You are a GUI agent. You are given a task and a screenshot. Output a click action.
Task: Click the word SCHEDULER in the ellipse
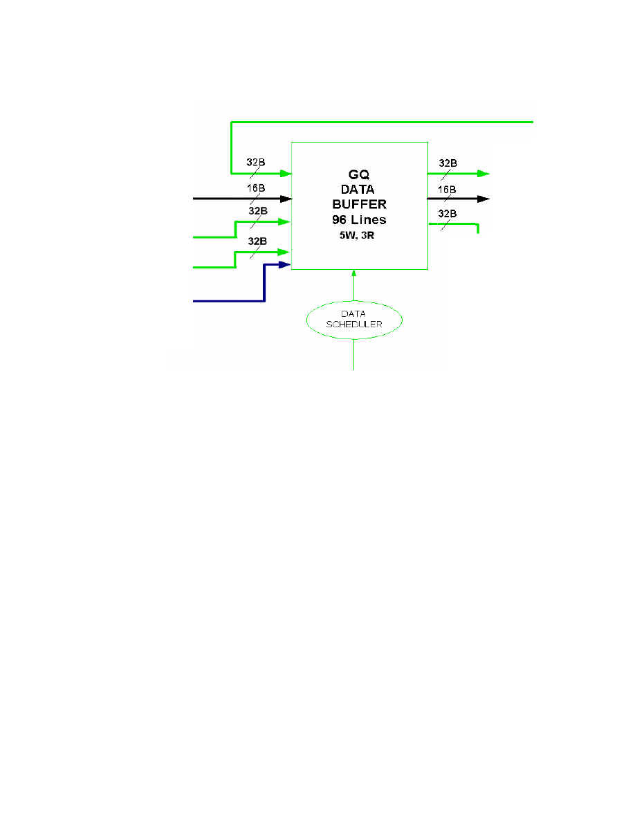[x=354, y=323]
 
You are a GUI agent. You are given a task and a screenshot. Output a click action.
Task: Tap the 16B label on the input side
[x=257, y=188]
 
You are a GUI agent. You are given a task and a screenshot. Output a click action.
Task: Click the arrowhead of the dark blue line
[x=284, y=264]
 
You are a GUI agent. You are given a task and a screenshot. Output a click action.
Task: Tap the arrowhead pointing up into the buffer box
[x=354, y=273]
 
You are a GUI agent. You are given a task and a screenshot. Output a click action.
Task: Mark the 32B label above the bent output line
[x=448, y=214]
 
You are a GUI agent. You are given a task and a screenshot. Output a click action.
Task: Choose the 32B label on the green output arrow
[x=448, y=163]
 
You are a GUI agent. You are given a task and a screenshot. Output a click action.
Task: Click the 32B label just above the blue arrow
[x=257, y=241]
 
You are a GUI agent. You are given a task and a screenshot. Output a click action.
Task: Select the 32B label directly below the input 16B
[x=257, y=210]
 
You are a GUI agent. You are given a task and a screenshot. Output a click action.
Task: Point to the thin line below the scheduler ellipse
[x=354, y=354]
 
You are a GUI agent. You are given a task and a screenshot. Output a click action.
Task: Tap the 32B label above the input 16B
[x=257, y=163]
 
